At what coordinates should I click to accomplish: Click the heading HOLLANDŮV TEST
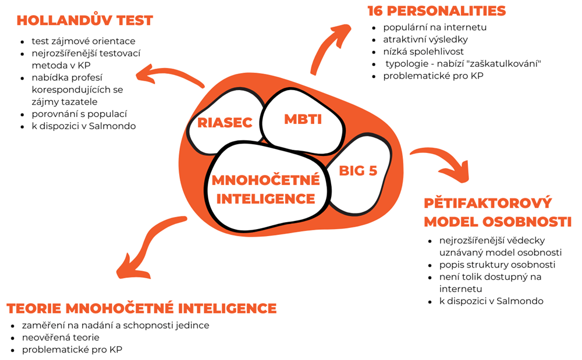tap(84, 21)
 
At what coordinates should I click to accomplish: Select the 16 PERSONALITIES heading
tap(436, 11)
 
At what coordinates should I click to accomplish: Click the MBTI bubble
tap(303, 119)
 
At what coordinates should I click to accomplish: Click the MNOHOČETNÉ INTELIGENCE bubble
tap(265, 189)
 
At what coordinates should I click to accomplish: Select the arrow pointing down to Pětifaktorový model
tap(442, 163)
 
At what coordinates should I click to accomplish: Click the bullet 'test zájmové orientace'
tap(84, 41)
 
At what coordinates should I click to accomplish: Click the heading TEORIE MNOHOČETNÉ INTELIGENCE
tap(141, 308)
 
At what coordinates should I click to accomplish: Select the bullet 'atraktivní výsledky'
tap(425, 40)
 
